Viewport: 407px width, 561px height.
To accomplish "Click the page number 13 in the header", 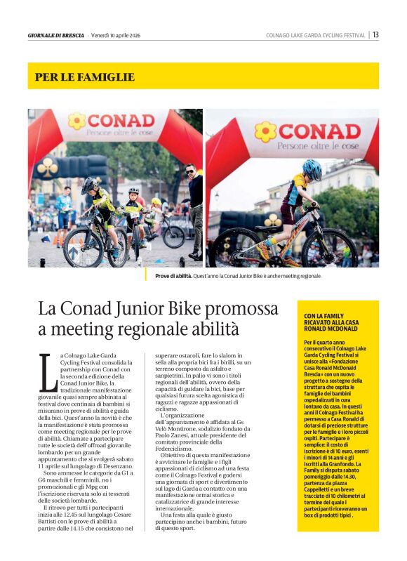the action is click(376, 34).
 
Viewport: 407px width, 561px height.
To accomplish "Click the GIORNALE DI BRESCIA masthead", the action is click(55, 35).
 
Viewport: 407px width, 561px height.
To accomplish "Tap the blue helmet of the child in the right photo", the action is click(312, 169).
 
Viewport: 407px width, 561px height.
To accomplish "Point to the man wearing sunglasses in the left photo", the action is click(194, 204).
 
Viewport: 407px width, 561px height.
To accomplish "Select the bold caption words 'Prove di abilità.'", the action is click(176, 277).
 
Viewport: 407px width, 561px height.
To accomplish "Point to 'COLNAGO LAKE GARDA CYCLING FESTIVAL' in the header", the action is click(315, 35).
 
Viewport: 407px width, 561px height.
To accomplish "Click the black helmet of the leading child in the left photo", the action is click(88, 184).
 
